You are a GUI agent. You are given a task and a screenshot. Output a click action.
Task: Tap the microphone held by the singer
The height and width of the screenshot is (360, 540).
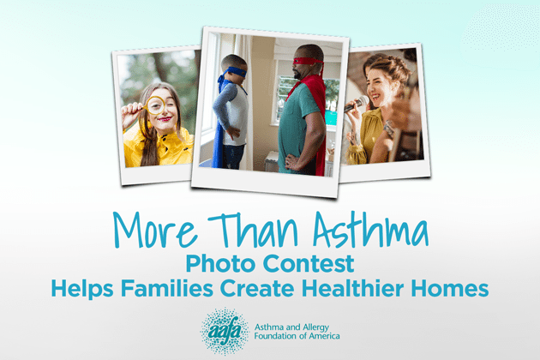357,104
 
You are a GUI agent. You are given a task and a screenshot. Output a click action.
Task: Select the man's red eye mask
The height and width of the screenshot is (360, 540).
309,62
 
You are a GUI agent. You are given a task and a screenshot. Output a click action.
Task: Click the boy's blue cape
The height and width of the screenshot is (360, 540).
218,135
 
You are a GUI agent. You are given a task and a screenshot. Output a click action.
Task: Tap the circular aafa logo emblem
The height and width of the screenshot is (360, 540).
225,332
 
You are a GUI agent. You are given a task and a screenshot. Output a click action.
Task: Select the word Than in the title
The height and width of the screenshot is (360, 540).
253,229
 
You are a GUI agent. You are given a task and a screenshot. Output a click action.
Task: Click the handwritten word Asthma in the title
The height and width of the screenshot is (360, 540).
370,228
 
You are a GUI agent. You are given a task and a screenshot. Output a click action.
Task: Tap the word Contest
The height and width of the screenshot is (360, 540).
309,263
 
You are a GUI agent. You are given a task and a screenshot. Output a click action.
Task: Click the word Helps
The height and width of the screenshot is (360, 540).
82,288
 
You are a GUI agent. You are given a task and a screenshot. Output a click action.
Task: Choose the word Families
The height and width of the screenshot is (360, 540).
167,288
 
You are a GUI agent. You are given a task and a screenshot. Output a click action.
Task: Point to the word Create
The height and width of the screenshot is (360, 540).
257,288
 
